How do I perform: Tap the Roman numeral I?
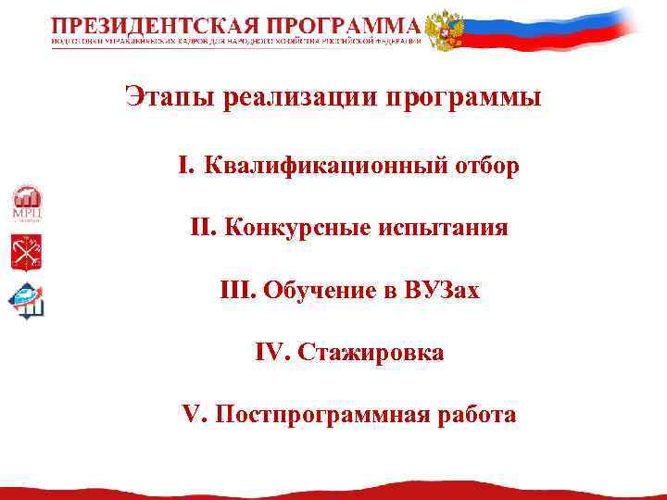185,166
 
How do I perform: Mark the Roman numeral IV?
271,353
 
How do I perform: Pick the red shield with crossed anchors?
26,252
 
